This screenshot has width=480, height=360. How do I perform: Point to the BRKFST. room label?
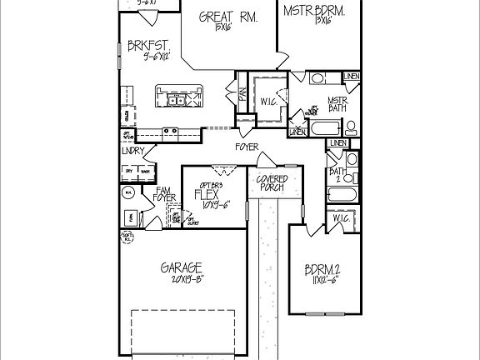pos(150,45)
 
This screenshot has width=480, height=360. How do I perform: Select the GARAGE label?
pos(182,267)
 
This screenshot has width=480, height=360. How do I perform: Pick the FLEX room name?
pos(206,195)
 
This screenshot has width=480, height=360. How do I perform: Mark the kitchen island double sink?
pos(176,102)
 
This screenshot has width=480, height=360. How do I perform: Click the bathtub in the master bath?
pos(325,129)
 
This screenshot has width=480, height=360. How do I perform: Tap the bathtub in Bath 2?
pos(342,196)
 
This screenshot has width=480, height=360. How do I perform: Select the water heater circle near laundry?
pos(128,191)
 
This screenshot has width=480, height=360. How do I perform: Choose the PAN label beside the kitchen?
pos(242,96)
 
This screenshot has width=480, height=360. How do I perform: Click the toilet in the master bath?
pos(351,127)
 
